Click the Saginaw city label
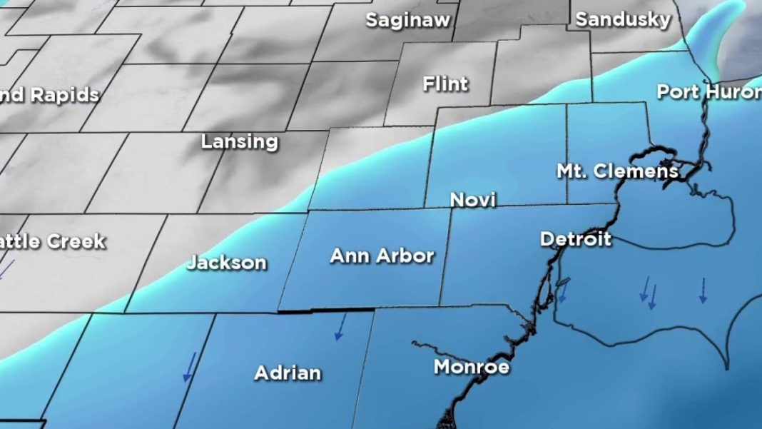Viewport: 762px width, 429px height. click(408, 20)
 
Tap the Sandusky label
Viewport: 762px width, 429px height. click(623, 19)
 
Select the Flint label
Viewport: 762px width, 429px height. click(445, 84)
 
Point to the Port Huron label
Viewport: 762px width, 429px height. click(708, 92)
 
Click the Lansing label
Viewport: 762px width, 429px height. click(239, 141)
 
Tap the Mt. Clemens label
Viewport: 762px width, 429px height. click(617, 171)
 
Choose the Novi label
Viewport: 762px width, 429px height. click(472, 201)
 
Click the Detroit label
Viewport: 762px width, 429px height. click(575, 238)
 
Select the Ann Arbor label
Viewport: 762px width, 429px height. click(382, 256)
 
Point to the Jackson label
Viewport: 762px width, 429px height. click(227, 263)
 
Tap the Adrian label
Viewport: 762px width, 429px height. click(288, 373)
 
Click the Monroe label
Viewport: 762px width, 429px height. click(472, 368)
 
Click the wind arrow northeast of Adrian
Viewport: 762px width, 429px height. click(340, 326)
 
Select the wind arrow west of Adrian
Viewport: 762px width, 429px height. click(188, 367)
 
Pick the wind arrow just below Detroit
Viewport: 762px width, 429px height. click(563, 291)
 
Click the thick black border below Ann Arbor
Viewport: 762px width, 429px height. click(325, 311)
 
